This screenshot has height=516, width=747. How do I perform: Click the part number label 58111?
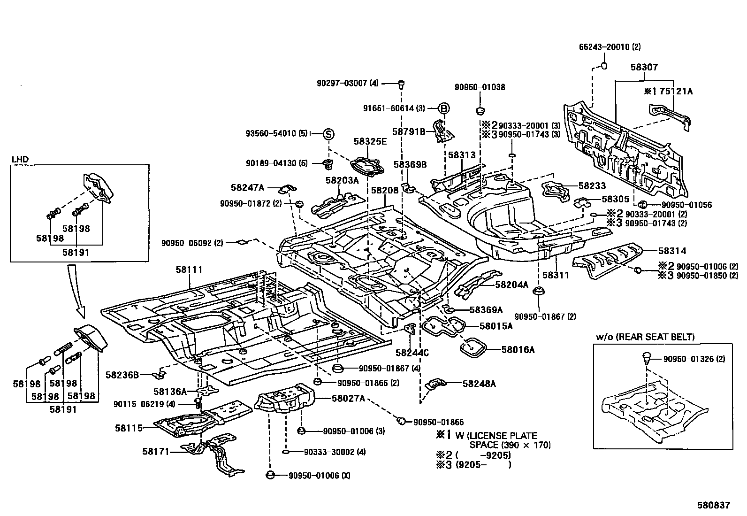pyautogui.click(x=189, y=270)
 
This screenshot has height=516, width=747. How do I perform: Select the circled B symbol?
pyautogui.click(x=443, y=108)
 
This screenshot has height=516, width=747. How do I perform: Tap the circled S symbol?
pyautogui.click(x=328, y=134)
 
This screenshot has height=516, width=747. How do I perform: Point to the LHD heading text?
pyautogui.click(x=20, y=160)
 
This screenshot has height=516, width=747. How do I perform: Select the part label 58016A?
pyautogui.click(x=518, y=349)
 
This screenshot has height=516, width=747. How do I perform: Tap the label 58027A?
pyautogui.click(x=348, y=398)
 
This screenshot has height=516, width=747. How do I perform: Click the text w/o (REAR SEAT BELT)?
pyautogui.click(x=645, y=337)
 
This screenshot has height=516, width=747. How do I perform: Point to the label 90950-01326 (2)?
pyautogui.click(x=694, y=359)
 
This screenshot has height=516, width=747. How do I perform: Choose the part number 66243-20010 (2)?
pyautogui.click(x=610, y=47)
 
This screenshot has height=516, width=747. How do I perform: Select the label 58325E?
pyautogui.click(x=370, y=141)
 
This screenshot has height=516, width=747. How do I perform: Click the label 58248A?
pyautogui.click(x=479, y=384)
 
